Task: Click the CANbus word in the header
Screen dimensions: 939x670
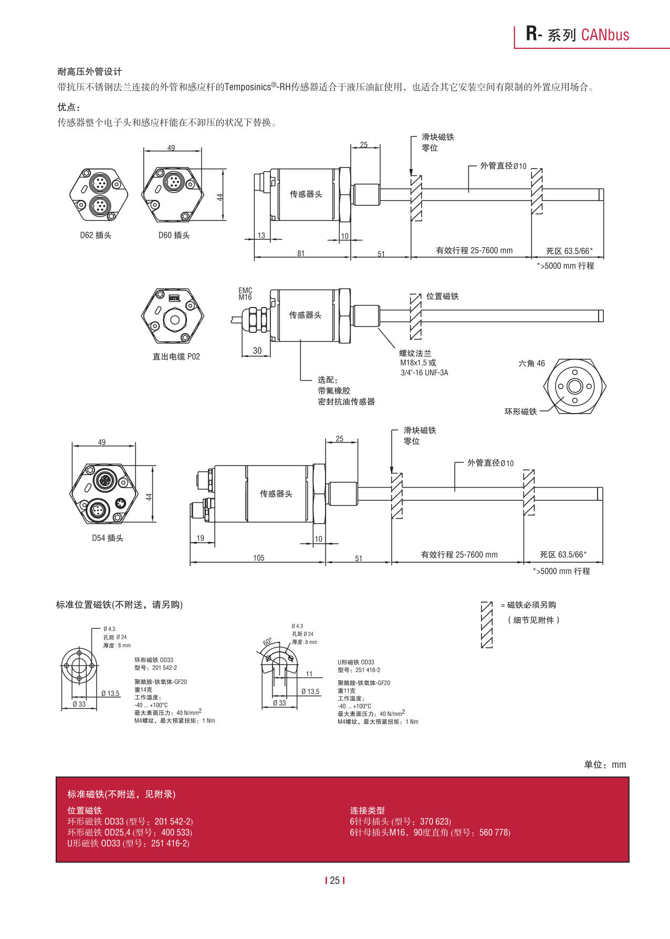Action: [x=605, y=35]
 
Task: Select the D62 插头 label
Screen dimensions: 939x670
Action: [x=96, y=235]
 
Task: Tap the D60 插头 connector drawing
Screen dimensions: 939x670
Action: [x=172, y=193]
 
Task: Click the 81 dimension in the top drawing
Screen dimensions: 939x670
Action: [x=301, y=254]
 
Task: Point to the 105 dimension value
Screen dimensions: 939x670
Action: [x=259, y=558]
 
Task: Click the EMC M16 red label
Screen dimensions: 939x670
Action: [x=245, y=294]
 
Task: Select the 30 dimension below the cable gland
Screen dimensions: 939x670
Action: [x=257, y=351]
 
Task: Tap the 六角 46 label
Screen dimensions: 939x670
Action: [x=531, y=363]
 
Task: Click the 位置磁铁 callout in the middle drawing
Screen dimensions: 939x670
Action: [x=442, y=296]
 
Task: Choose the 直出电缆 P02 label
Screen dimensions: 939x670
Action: [x=176, y=356]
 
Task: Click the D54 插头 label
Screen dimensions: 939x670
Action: [x=108, y=538]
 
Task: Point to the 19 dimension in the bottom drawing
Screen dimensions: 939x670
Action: [x=201, y=538]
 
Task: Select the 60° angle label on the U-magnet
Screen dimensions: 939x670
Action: [x=268, y=642]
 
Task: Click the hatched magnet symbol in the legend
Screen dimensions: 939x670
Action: [x=487, y=625]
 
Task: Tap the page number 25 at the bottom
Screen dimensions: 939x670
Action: [x=335, y=880]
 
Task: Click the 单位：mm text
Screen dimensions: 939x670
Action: [x=605, y=765]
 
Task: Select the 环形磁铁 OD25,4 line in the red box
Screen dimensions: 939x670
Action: [x=130, y=832]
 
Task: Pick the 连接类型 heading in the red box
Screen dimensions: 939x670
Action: [x=367, y=810]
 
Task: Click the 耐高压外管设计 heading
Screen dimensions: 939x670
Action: [x=90, y=72]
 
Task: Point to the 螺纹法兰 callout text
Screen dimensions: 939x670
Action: [x=415, y=353]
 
